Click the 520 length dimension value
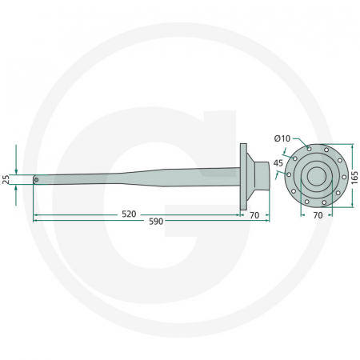pyautogui.click(x=128, y=214)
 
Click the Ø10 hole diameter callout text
pyautogui.click(x=282, y=138)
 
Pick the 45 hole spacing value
pyautogui.click(x=278, y=163)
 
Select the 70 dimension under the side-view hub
pyautogui.click(x=254, y=214)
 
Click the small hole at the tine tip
pyautogui.click(x=36, y=179)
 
